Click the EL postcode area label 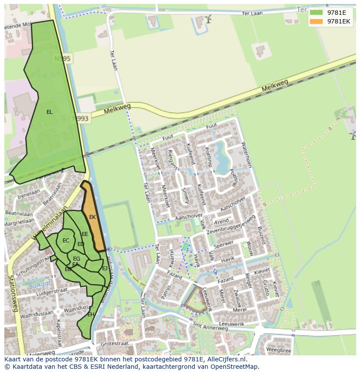(x=50, y=112)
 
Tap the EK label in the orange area (x=92, y=217)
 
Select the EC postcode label (x=66, y=241)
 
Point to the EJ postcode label (x=105, y=268)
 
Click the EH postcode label (x=90, y=314)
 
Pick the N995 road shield (x=63, y=58)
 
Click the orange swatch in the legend (x=316, y=21)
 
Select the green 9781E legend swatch (x=316, y=13)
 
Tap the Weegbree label (x=278, y=349)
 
